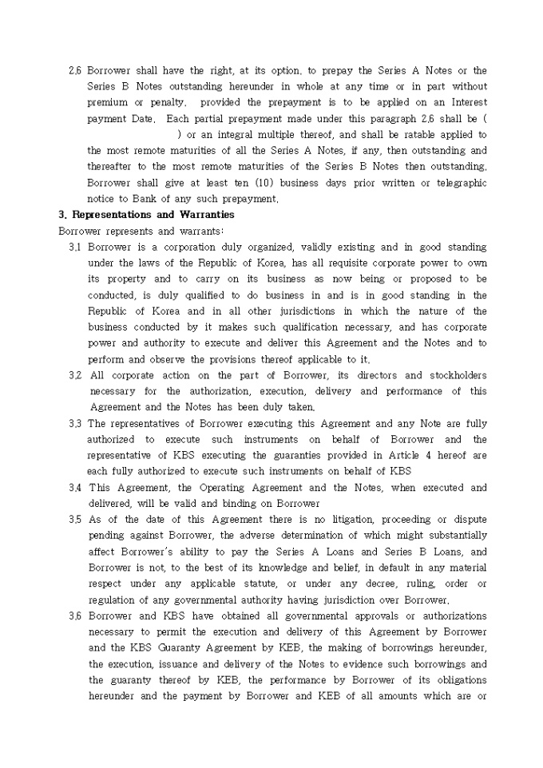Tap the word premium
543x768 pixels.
107,103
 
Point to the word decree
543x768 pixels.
387,584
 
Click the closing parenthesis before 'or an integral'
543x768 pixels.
179,135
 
